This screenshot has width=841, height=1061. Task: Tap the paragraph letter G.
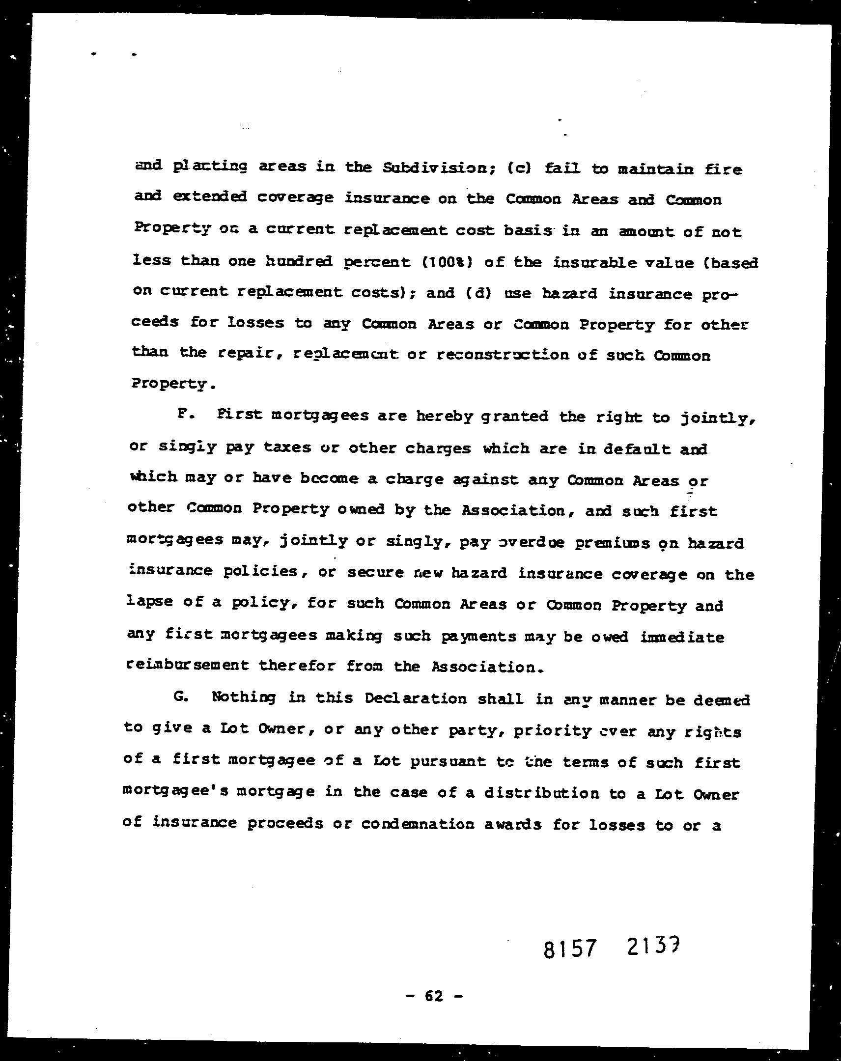coord(181,698)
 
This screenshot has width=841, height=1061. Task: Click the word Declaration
coord(415,699)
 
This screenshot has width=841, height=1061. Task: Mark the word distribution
coord(541,794)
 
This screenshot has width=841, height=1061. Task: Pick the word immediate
coord(682,637)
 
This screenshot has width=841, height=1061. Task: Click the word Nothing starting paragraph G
coord(243,698)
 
